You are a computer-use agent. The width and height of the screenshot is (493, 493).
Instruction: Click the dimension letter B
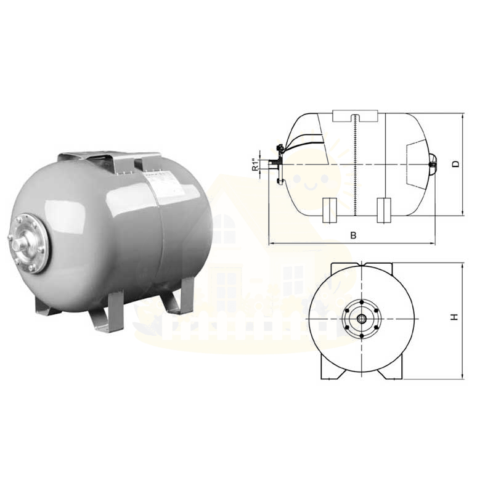pos(353,235)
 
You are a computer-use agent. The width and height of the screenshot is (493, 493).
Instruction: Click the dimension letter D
pos(455,164)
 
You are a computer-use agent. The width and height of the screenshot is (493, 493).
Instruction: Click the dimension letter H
pos(455,317)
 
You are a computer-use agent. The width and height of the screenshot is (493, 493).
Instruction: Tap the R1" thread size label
pos(256,165)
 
